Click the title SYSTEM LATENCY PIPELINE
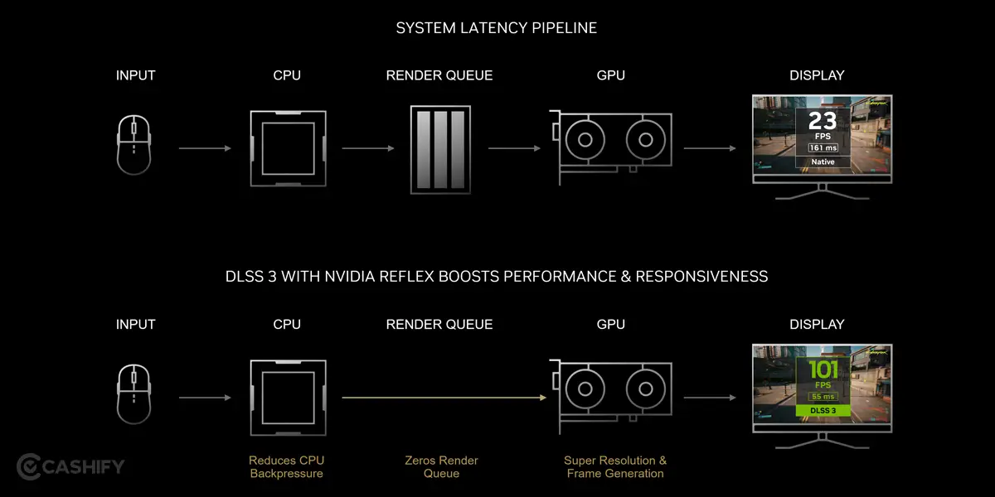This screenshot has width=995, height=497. pos(496,28)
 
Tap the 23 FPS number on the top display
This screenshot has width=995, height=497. pos(822,122)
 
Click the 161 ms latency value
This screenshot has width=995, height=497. pos(823,147)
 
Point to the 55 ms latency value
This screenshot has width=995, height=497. pos(823,396)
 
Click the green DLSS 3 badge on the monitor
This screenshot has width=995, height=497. pos(823,410)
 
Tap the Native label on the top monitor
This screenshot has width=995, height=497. pos(823,162)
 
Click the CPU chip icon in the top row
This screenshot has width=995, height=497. pos(287,147)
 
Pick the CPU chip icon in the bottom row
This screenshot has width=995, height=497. pos(287,397)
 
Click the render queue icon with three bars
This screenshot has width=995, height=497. pos(439,149)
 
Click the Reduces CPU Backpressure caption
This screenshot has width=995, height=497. pos(286,466)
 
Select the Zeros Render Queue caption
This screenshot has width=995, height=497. pos(440,466)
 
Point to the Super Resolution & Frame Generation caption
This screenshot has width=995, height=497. pos(615,466)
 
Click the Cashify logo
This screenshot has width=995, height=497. pos(70,466)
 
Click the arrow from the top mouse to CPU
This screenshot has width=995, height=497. pos(204,148)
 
